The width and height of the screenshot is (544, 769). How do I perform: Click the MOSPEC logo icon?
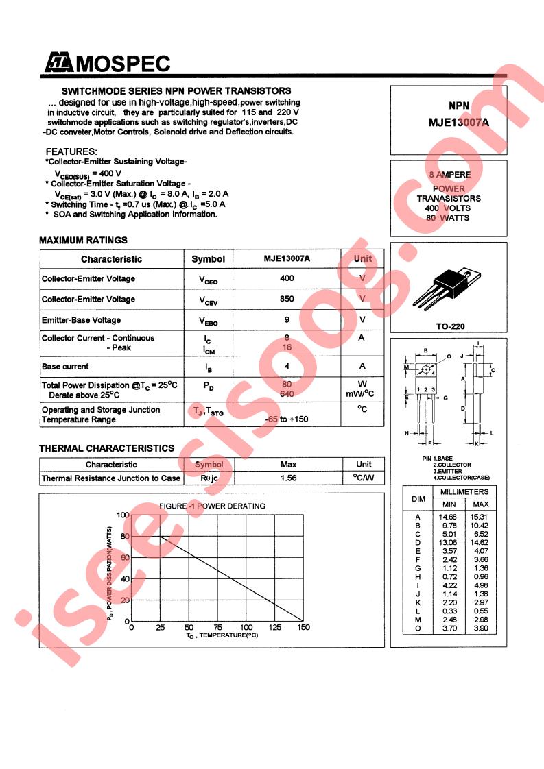59,64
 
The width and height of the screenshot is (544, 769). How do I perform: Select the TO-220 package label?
450,326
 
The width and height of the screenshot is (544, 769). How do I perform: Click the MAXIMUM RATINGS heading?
83,240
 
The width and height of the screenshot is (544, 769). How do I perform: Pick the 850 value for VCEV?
287,299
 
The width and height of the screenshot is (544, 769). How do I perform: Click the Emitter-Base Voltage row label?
81,320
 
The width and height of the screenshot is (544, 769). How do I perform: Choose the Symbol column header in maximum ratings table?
208,259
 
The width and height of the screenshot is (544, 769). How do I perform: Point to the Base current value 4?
287,367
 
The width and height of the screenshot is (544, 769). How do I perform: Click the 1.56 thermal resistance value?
289,478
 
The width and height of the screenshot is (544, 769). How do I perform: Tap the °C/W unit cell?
363,478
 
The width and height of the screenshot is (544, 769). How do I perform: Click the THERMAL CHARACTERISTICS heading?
106,448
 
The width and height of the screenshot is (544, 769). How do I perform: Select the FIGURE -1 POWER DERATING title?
212,506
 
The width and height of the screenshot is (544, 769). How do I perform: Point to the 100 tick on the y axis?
122,515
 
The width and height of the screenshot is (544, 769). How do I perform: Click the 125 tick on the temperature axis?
274,628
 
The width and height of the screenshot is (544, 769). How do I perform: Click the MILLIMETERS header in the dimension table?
464,492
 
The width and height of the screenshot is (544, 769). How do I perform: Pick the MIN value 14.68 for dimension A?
449,516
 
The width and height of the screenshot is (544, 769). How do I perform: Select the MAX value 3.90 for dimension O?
480,628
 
